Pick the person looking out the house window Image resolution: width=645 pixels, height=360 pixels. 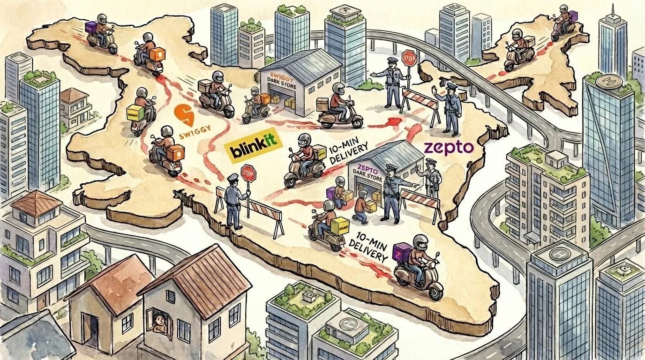160,321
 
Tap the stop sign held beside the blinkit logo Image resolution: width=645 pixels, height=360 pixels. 248,174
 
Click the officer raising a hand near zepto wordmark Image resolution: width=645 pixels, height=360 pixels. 449,107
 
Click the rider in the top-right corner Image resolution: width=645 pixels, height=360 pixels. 562,21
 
